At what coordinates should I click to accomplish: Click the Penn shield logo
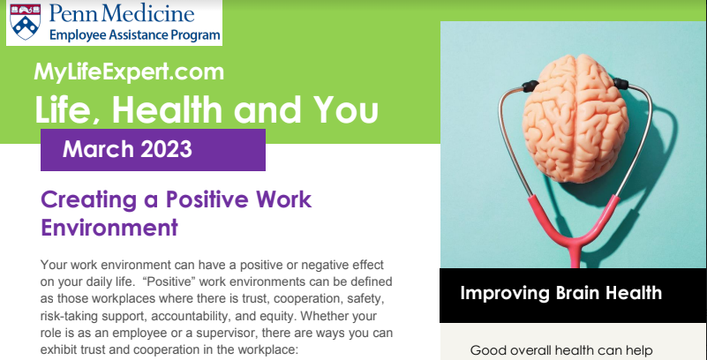[x=26, y=22]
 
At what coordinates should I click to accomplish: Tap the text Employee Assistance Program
[x=135, y=34]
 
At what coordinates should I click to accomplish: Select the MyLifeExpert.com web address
[x=129, y=72]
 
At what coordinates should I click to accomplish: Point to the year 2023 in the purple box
[x=167, y=149]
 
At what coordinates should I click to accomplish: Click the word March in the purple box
[x=98, y=149]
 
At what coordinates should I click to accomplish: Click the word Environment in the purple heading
[x=109, y=228]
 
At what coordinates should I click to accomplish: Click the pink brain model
[x=575, y=118]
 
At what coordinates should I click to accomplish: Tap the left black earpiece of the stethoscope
[x=530, y=86]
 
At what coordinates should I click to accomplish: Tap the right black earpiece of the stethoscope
[x=621, y=83]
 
